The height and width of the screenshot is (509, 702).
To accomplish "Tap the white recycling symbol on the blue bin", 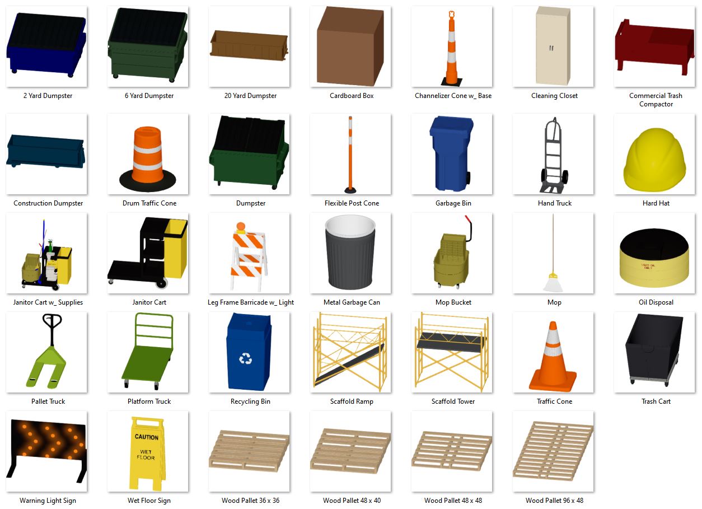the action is click(x=245, y=358).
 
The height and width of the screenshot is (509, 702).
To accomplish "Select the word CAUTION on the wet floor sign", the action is click(x=146, y=437).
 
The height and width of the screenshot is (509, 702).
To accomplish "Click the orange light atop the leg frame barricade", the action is click(x=241, y=226).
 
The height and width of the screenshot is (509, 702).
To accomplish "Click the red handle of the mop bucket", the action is click(x=468, y=219).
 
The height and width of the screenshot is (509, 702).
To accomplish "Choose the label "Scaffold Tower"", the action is click(x=453, y=401).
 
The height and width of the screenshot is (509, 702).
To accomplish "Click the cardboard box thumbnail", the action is click(x=350, y=46).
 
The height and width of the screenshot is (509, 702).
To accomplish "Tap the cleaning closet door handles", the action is click(x=551, y=48).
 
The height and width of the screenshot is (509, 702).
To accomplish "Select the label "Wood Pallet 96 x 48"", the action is click(x=554, y=501).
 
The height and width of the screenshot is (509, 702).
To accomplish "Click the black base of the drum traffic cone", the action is click(x=148, y=181).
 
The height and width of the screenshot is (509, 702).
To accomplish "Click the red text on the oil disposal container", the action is click(x=648, y=267).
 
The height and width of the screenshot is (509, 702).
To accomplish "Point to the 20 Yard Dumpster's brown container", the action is click(x=249, y=46).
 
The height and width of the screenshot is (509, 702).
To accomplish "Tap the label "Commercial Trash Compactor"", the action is click(x=656, y=100).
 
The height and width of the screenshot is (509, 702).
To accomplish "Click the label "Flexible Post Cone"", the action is click(x=352, y=203).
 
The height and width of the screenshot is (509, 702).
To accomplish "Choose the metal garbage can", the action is click(x=350, y=253).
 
